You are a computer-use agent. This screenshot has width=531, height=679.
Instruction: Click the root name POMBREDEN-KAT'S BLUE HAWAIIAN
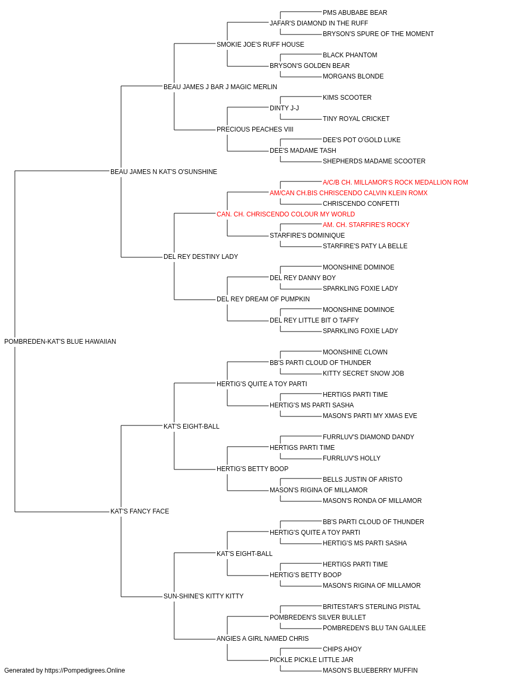point(60,342)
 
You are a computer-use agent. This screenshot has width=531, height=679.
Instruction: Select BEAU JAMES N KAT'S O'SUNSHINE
point(164,172)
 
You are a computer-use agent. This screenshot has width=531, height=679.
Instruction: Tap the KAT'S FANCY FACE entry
point(140,511)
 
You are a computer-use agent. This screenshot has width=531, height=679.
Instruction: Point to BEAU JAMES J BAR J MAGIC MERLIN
point(220,87)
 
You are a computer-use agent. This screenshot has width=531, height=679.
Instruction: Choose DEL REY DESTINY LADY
point(201,257)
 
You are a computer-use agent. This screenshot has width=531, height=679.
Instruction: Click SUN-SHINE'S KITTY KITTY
point(203,596)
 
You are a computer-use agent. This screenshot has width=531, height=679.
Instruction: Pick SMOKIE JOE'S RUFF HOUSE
point(260,45)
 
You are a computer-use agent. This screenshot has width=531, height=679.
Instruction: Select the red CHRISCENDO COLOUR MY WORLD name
point(286,214)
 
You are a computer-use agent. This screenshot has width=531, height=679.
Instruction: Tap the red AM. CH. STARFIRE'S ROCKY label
point(366,225)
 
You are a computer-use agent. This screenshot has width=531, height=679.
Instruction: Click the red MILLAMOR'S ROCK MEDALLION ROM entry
point(395,182)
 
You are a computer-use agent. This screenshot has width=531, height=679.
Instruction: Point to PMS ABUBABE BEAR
point(355,13)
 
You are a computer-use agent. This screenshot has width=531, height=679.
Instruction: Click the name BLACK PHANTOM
point(350,55)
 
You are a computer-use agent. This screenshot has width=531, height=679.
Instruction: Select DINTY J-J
point(284,108)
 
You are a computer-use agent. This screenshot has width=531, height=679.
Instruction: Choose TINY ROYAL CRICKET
point(356,119)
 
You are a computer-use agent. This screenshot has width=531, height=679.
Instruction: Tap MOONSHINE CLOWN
point(355,352)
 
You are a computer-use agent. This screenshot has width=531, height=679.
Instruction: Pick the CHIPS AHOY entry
point(342,649)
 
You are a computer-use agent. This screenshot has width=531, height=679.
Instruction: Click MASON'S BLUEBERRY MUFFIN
point(370,671)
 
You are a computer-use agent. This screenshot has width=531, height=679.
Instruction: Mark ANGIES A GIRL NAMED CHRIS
point(262,639)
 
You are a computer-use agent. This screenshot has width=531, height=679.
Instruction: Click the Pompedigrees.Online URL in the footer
point(85,671)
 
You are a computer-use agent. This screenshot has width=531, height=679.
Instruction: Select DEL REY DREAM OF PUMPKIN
point(263,299)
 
